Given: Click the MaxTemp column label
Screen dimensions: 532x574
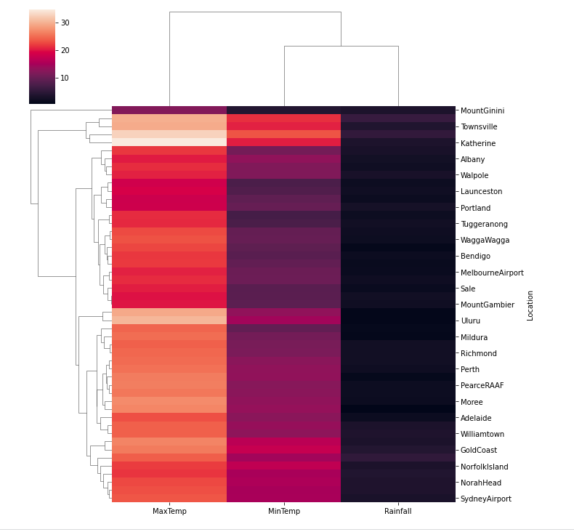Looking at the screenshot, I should pyautogui.click(x=169, y=512).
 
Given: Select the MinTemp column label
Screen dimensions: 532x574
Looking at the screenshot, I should pyautogui.click(x=284, y=512).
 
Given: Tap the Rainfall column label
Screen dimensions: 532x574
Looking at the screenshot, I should pyautogui.click(x=398, y=512).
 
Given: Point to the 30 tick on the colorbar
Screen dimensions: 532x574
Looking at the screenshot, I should pyautogui.click(x=65, y=23).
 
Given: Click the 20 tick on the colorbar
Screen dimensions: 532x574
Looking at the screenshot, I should pyautogui.click(x=65, y=51).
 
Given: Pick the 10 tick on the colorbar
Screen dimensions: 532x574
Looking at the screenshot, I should pyautogui.click(x=65, y=78).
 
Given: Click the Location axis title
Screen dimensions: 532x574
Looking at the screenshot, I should pyautogui.click(x=530, y=305).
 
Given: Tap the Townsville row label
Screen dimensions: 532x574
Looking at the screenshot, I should pyautogui.click(x=479, y=127).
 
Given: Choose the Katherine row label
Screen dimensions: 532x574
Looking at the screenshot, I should pyautogui.click(x=478, y=143).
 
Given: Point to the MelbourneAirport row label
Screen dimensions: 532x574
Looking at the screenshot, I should pyautogui.click(x=492, y=273).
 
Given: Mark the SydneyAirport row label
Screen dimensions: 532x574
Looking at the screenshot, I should pyautogui.click(x=486, y=499).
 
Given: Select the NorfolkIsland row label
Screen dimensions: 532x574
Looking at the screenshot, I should pyautogui.click(x=485, y=467).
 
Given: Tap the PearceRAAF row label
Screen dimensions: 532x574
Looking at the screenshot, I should pyautogui.click(x=482, y=386).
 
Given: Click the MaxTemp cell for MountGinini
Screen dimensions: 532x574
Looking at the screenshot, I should pyautogui.click(x=169, y=110).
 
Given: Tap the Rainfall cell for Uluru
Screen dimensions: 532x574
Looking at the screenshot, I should pyautogui.click(x=398, y=321).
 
